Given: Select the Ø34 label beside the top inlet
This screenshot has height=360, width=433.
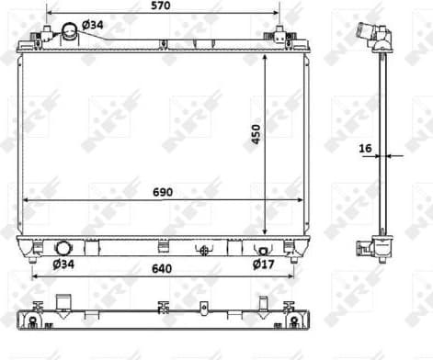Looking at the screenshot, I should (x=93, y=23).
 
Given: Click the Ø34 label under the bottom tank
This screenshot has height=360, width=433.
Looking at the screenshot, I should (x=63, y=265).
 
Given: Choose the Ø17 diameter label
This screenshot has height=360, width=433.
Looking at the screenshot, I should (x=265, y=265).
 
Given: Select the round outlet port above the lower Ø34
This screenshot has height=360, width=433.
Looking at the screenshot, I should (x=63, y=248).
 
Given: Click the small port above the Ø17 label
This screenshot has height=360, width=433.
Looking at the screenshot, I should (x=263, y=250).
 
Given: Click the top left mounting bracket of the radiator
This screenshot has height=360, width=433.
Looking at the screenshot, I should (x=40, y=36).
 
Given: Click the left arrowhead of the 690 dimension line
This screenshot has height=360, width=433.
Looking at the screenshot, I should (x=26, y=199).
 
